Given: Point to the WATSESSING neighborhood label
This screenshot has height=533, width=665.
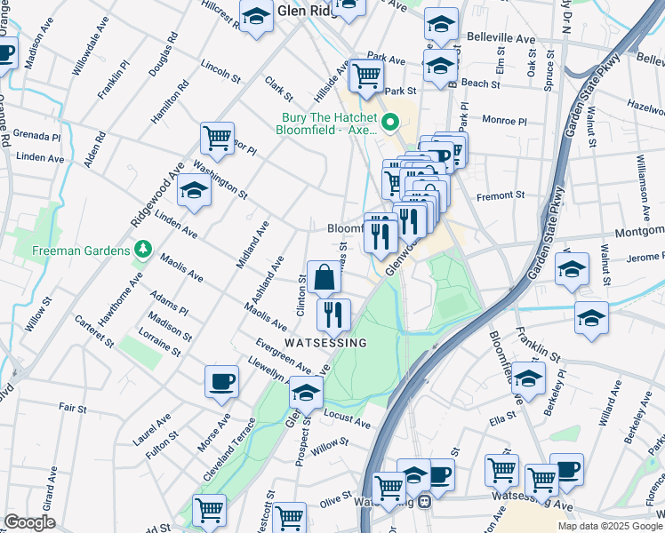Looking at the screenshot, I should click(325, 342).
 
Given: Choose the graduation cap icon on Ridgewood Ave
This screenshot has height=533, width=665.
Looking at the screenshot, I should click(193, 189).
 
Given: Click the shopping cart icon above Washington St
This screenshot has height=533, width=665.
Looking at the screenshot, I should click(217, 138).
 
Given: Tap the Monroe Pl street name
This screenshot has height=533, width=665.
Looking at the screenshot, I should click(504, 120).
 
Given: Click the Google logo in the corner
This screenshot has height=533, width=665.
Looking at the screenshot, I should click(30, 522).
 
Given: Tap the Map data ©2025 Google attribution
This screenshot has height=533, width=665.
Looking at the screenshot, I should click(609, 526).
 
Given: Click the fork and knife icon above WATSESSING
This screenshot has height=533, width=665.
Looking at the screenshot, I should click(334, 314).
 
